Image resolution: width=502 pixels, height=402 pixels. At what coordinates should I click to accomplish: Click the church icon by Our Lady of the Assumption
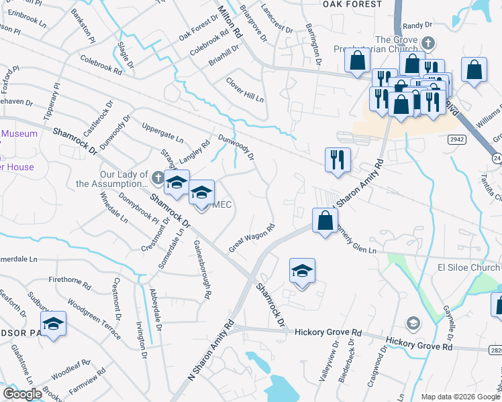point(157,178)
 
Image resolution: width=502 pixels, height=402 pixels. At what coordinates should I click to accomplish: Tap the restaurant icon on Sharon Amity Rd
point(337,159)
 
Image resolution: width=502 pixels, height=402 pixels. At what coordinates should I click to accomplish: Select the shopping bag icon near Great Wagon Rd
point(325,220)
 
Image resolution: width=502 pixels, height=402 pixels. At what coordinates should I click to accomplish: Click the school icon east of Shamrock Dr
point(302,271)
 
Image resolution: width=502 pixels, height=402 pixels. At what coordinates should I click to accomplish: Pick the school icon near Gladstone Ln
point(53,324)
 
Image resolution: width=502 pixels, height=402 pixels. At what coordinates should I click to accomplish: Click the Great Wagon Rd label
point(252,238)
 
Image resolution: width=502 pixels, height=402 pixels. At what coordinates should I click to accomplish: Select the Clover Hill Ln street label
point(245,89)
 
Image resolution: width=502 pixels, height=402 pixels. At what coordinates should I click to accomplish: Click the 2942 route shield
point(456,139)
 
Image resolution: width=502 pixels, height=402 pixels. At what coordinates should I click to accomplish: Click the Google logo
point(23,394)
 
